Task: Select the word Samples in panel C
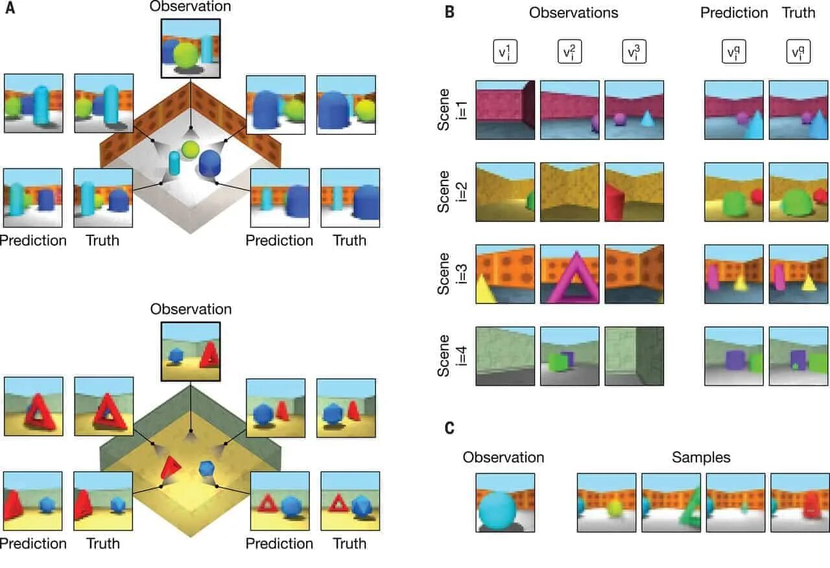coord(701,457)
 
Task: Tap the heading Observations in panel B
coord(573,12)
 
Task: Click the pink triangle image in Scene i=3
coord(569,274)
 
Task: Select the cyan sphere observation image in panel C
coord(504,503)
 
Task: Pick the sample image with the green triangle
coord(670,503)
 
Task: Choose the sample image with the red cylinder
coord(800,503)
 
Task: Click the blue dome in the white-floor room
coord(211,163)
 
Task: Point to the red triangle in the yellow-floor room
coord(171,467)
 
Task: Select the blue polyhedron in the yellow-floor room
coord(207,467)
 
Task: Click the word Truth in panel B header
coord(798,12)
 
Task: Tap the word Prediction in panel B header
coord(733,12)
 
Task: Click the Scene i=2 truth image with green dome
coord(798,192)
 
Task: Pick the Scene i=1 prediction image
coord(734,110)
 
